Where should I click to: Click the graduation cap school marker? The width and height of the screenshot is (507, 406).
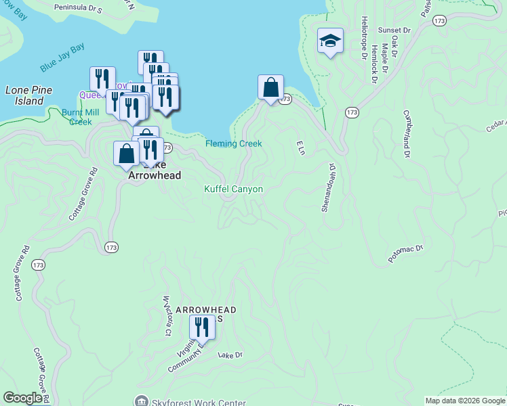(330, 42)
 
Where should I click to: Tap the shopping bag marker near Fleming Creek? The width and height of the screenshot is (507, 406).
(270, 88)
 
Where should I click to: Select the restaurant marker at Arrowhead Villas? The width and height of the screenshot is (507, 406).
(201, 328)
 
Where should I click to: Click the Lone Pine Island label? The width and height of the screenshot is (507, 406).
(24, 95)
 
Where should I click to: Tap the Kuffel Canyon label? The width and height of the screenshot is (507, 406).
(233, 189)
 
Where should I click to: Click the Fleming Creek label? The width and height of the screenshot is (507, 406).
(234, 143)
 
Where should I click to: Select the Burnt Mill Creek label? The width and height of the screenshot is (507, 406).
(76, 116)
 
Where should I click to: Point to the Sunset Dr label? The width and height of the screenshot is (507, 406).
(394, 30)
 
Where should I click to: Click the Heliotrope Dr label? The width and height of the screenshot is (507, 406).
(364, 38)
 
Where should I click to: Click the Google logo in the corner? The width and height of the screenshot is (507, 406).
(22, 398)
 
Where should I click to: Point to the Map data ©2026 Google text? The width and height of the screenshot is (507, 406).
(465, 401)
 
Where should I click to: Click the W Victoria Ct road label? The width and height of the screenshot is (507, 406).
(166, 316)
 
